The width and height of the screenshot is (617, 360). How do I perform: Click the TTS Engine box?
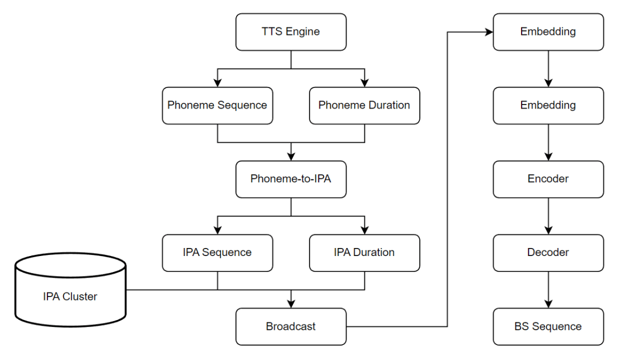pos(291,32)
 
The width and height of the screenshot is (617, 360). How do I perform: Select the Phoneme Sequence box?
pos(217,105)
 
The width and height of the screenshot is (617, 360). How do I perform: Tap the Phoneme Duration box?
pos(364,105)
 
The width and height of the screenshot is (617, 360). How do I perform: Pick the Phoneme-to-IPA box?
pos(291,179)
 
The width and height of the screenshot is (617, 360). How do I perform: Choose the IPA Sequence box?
pos(217,253)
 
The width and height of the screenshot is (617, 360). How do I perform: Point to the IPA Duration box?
pos(364,253)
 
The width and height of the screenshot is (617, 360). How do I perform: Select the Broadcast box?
pos(291,327)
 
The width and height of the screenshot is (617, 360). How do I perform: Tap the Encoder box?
pos(548,179)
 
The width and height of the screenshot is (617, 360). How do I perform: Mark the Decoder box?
pos(548,253)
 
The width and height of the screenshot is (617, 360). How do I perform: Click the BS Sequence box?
pos(548,327)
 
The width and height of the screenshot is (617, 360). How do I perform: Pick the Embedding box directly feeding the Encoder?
pos(548,105)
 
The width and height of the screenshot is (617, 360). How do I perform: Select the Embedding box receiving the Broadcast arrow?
pos(548,32)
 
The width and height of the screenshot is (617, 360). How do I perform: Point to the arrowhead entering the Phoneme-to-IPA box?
pos(291,157)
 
